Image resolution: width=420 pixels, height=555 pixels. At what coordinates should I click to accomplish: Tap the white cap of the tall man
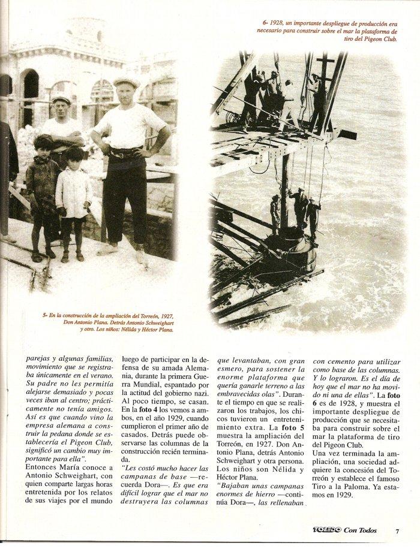(127, 82)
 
